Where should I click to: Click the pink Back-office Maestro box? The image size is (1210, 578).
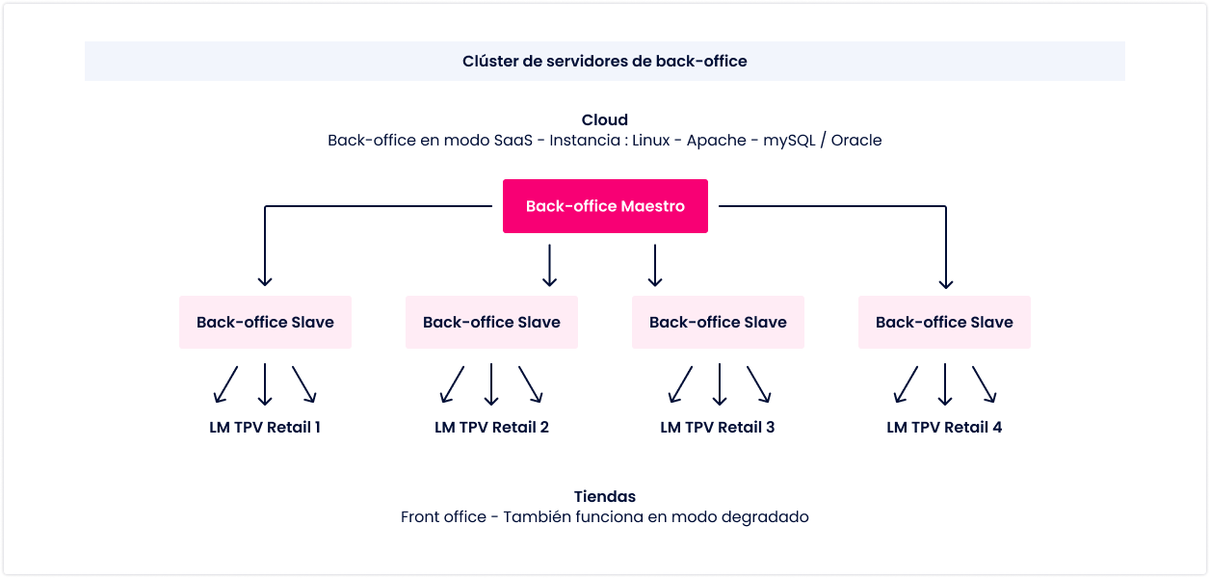605,206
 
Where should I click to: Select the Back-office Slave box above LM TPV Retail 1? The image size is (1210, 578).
265,322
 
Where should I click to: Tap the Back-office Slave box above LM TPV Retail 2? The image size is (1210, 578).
491,322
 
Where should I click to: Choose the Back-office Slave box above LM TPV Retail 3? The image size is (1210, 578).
718,322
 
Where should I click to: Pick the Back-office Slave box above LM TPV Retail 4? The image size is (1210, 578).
944,322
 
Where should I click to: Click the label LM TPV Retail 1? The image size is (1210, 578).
265,428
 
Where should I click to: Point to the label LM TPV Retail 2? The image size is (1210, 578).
491,428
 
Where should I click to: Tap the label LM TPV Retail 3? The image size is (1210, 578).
718,428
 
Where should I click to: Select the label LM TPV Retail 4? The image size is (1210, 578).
944,428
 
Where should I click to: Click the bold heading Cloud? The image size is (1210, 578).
604,119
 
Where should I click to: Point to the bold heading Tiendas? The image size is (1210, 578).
604,496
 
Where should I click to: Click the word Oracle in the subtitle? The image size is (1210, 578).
856,141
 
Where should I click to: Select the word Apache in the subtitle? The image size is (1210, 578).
717,141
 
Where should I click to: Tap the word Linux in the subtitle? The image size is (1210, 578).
651,141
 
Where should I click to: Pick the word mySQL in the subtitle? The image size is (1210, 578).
789,141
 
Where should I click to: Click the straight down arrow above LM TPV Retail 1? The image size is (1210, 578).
265,384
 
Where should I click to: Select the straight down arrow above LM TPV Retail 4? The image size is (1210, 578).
945,384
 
